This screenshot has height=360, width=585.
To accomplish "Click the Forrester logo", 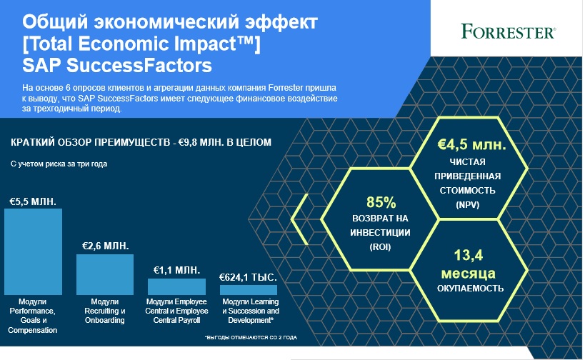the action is click(509, 31).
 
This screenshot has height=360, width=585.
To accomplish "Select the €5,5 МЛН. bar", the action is click(33, 252).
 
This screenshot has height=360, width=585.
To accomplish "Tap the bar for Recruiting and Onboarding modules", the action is click(105, 274).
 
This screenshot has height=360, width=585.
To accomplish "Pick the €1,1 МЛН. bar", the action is click(176, 286).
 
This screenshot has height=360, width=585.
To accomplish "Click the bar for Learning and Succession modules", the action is click(249, 290).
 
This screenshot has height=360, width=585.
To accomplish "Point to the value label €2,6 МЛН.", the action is click(106, 246).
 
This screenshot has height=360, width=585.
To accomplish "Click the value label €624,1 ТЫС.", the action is click(248, 278).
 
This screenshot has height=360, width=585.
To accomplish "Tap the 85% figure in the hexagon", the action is click(381, 203).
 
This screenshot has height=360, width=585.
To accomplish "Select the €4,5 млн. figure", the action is click(471, 145).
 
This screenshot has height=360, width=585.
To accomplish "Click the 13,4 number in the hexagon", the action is click(469, 255).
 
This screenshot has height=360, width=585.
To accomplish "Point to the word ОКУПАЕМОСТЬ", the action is click(470, 289).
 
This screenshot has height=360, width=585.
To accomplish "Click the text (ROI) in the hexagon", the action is click(380, 247).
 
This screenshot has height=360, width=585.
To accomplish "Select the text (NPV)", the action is click(467, 205).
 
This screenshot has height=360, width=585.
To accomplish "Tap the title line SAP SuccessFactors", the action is click(117, 66).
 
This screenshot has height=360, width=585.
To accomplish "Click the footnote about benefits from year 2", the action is click(251, 338).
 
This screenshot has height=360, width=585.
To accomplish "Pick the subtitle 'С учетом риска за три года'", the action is click(59, 164).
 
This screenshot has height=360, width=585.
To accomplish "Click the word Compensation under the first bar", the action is click(32, 330).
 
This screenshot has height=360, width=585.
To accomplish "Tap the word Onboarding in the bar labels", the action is click(104, 320).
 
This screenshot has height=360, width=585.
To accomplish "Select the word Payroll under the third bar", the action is click(191, 320).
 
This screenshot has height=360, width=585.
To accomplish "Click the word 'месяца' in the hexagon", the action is click(469, 274).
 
